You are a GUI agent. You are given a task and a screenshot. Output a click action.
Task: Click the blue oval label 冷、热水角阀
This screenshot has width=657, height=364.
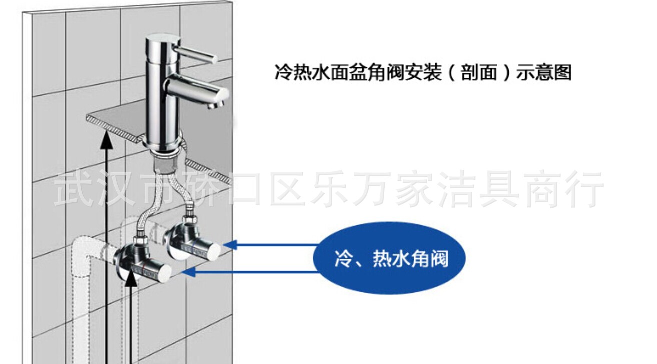389,258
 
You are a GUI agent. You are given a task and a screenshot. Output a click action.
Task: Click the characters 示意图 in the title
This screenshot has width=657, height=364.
543,72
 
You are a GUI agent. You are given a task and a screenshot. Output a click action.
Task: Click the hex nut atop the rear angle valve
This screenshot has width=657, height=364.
188,220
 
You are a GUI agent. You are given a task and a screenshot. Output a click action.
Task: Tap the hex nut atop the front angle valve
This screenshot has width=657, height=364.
140,241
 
